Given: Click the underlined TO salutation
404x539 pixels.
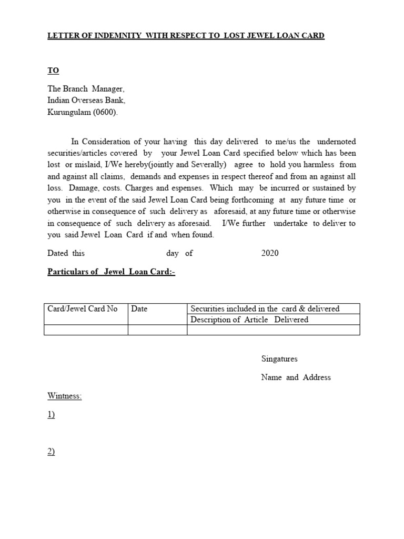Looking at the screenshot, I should tap(53, 71).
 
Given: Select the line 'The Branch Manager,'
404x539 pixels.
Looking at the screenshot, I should tap(86, 89).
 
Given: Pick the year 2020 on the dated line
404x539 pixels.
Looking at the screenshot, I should tap(270, 253).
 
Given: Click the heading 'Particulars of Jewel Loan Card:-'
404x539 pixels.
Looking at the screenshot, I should tap(111, 272).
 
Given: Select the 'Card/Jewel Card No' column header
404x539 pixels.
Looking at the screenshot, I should tap(83, 309).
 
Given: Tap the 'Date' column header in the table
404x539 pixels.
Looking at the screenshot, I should tap(139, 309).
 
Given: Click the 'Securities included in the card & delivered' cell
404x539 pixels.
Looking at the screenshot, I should tap(265, 308).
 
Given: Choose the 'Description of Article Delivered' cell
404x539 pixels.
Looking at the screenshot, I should tap(249, 320).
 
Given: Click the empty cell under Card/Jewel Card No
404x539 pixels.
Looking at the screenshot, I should tap(86, 330).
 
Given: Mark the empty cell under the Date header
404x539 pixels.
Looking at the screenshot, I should tap(157, 330).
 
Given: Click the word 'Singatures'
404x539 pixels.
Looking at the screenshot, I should tap(279, 359).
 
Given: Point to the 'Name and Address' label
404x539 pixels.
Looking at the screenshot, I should tap(296, 377).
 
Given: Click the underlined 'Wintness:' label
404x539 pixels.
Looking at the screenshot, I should tap(65, 396).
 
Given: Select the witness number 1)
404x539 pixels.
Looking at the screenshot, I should tap(51, 415).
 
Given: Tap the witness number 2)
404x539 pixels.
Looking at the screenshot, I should tap(51, 452).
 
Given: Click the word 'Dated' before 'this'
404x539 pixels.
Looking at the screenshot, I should tap(58, 253).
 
